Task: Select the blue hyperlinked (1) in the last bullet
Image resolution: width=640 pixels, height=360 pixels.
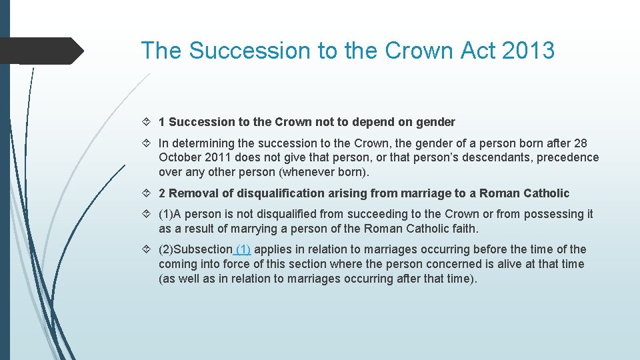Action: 243,249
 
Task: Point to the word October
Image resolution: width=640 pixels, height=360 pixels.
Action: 181,158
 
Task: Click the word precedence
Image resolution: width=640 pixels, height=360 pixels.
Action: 565,158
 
